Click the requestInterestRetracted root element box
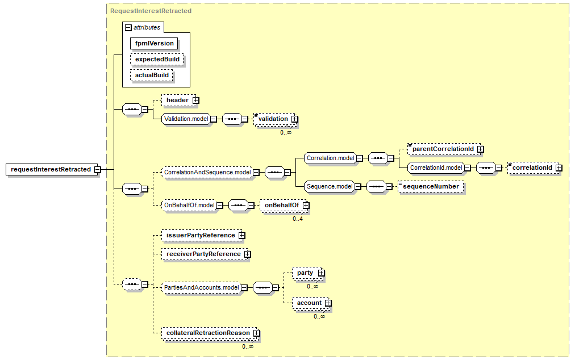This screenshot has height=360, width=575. click(x=51, y=169)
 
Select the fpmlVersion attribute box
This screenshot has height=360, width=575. click(x=154, y=43)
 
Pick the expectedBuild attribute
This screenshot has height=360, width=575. click(x=157, y=59)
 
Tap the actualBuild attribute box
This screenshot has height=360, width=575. click(x=151, y=75)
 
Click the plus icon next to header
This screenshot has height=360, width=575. click(x=195, y=101)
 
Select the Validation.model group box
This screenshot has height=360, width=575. click(x=185, y=119)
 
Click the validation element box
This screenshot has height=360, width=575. click(x=273, y=119)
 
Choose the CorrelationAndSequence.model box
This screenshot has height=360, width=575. click(x=207, y=172)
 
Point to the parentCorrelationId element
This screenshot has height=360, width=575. click(x=443, y=149)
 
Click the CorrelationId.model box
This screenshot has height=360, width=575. click(x=436, y=168)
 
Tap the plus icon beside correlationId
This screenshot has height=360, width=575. click(x=559, y=168)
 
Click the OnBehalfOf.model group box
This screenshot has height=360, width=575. click(x=189, y=205)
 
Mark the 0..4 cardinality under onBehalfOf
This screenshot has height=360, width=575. click(x=298, y=219)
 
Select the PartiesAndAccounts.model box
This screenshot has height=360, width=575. click(x=201, y=288)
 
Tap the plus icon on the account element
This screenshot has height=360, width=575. click(x=328, y=303)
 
